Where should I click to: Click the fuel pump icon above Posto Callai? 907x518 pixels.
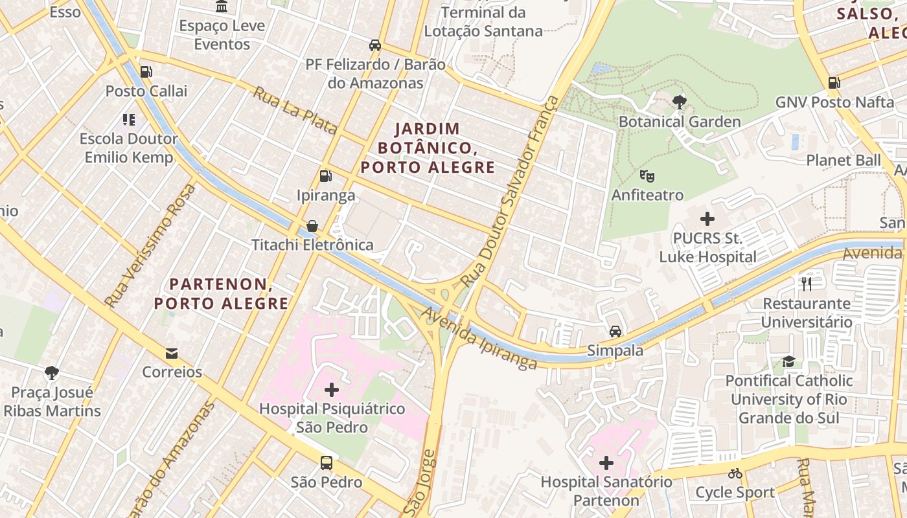tap(146, 72)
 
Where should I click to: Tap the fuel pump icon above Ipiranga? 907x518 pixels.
tap(325, 175)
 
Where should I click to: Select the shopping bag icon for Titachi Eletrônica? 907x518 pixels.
tap(312, 225)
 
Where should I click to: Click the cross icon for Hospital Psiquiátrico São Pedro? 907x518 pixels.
tap(332, 390)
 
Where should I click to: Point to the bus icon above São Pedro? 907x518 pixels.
tap(327, 463)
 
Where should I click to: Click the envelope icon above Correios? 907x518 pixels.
tap(172, 353)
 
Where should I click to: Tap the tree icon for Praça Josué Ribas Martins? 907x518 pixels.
tap(52, 373)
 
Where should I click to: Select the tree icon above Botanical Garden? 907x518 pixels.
tap(680, 102)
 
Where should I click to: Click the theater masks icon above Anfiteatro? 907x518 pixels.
tap(647, 175)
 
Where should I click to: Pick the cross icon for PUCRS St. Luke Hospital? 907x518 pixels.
tap(707, 219)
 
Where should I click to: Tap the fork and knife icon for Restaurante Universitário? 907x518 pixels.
tap(807, 284)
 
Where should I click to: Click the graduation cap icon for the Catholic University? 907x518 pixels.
tap(788, 361)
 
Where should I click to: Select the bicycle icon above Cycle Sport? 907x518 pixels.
tap(735, 473)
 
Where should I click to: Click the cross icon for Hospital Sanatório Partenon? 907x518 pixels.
tap(606, 463)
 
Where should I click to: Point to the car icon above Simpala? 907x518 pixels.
tap(615, 332)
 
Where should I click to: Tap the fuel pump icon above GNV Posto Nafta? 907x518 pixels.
tap(834, 83)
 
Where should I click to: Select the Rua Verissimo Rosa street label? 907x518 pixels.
tap(150, 245)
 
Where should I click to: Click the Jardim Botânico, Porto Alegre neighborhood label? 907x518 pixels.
tap(428, 148)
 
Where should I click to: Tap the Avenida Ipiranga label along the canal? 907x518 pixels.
tap(479, 339)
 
